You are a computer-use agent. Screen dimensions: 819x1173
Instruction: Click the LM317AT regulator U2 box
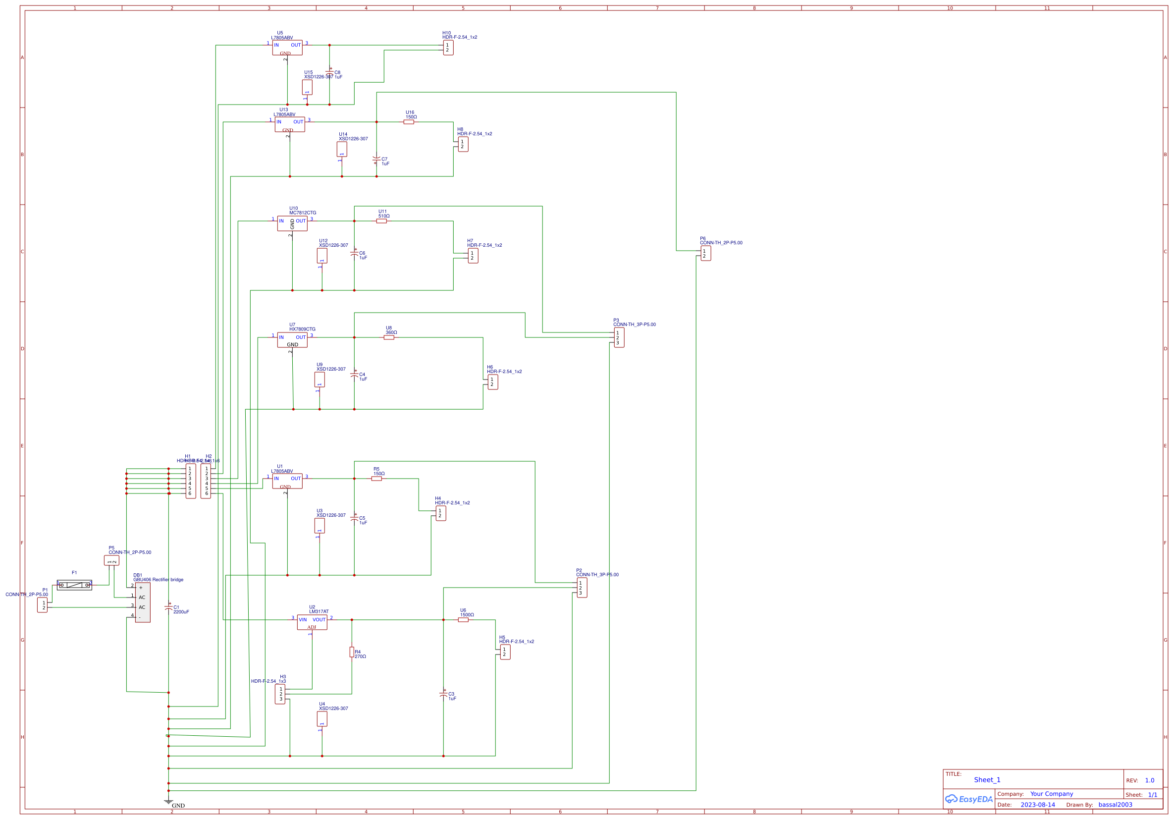click(312, 622)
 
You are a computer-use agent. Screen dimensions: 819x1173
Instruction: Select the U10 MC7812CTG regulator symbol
click(292, 223)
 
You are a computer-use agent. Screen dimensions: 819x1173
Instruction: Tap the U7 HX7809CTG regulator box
click(292, 340)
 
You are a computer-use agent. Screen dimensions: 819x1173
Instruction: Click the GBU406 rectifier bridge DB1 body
click(143, 602)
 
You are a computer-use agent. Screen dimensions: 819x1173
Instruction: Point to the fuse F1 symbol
click(75, 585)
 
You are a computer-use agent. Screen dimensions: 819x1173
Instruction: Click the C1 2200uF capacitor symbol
click(168, 607)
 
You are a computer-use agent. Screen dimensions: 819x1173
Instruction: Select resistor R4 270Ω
click(352, 652)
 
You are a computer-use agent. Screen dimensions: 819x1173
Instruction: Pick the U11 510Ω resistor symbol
click(381, 221)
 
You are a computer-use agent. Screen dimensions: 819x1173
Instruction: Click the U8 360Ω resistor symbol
click(389, 337)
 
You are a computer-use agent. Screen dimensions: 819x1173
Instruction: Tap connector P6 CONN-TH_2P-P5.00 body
click(705, 253)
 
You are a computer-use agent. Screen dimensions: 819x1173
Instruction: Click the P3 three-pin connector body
click(619, 338)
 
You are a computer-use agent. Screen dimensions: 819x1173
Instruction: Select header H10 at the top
click(448, 48)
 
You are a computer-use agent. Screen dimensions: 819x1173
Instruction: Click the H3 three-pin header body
click(280, 694)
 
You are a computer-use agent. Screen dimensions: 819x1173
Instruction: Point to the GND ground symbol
click(168, 802)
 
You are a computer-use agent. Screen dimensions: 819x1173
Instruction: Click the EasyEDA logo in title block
click(968, 799)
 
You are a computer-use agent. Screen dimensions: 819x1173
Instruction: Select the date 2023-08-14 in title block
click(1037, 805)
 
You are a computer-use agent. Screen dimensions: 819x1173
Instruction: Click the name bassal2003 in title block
click(1115, 805)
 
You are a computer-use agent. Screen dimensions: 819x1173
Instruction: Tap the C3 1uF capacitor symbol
click(443, 694)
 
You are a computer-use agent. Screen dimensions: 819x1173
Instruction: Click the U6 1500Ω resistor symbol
click(463, 620)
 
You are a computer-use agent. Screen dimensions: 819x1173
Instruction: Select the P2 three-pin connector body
click(582, 588)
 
